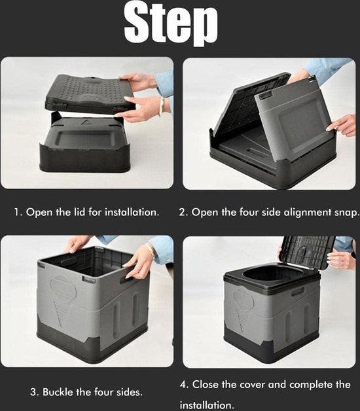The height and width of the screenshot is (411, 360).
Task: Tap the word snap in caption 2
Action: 346,213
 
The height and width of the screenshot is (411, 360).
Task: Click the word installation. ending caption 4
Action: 207,404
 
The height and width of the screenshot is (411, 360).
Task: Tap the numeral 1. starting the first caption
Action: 18,212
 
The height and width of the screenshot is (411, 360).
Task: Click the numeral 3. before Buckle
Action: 35,393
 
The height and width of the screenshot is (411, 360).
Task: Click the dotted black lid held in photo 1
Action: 89,93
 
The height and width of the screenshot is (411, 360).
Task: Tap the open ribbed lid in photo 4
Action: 307,251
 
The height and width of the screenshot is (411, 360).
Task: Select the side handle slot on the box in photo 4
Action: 297,292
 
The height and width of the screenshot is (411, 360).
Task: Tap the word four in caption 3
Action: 101,392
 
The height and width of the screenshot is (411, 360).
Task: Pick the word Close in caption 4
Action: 206,385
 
